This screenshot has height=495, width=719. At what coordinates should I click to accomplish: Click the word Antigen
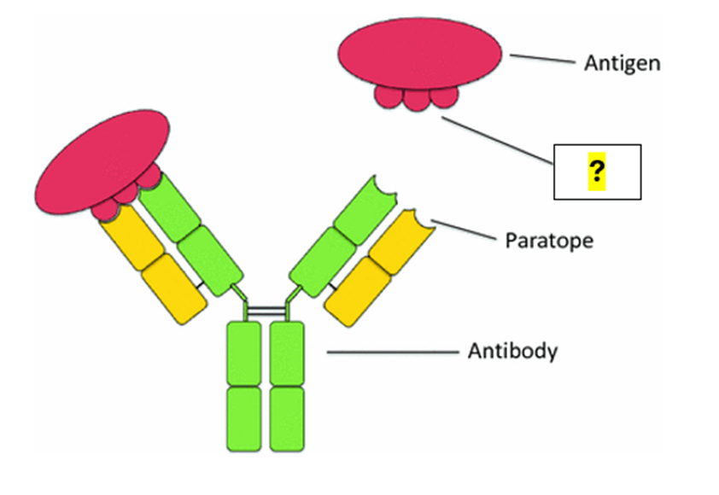coord(622,63)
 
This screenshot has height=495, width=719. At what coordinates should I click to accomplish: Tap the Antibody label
coord(512,351)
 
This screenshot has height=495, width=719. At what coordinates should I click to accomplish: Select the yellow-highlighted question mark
coord(596,173)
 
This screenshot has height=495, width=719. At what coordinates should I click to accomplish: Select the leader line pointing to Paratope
coord(461,230)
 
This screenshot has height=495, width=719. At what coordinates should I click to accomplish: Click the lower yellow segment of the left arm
coord(174,289)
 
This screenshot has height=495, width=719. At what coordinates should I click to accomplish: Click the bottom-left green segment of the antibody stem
coord(244,418)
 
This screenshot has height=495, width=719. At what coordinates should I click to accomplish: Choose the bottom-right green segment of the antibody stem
coord(287,418)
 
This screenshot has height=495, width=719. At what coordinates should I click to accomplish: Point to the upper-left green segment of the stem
coord(244,352)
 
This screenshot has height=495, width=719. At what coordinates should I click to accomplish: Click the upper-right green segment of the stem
coord(287,352)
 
